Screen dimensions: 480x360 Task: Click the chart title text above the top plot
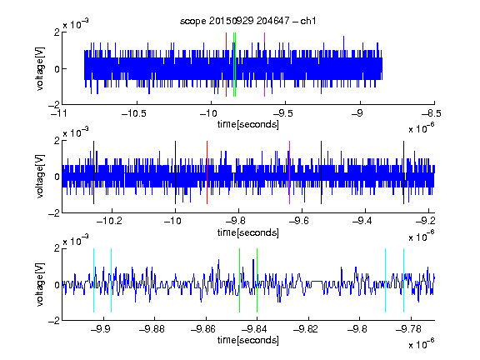tap(247, 21)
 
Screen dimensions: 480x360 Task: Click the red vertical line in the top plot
tap(226, 65)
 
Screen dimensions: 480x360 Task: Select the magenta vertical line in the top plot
tap(264, 65)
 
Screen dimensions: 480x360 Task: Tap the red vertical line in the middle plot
tap(207, 172)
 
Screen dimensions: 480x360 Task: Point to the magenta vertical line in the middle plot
tap(290, 172)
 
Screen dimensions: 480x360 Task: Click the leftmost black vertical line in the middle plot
tap(93, 172)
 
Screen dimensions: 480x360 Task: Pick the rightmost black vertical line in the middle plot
tap(404, 172)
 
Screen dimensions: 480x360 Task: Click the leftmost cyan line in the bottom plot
tap(93, 280)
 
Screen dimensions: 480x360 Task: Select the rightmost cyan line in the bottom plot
tap(404, 280)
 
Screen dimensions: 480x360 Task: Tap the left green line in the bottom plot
tap(239, 280)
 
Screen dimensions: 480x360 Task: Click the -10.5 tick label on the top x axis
tap(134, 113)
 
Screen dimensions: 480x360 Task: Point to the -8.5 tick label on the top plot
tap(431, 113)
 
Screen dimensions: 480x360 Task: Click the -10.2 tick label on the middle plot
tap(109, 221)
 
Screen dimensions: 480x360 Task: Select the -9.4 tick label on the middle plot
tap(362, 221)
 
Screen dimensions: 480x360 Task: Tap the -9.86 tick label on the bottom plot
tap(203, 329)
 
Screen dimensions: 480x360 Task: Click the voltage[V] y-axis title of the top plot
tap(40, 68)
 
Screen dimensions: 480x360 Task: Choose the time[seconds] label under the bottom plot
tap(248, 340)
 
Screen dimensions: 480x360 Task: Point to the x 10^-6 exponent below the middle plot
tap(421, 236)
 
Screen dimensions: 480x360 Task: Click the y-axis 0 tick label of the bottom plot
tap(57, 285)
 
